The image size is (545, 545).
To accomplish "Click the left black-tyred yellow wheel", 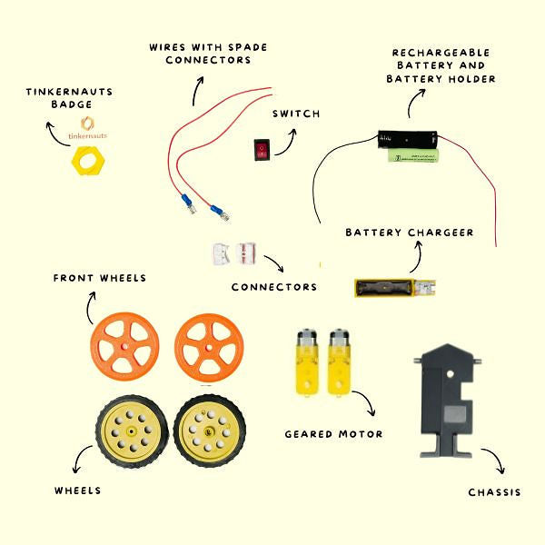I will [131, 431].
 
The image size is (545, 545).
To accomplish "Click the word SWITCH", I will [297, 114].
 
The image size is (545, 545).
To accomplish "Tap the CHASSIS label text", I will [495, 492].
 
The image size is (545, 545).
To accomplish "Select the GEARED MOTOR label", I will [333, 434].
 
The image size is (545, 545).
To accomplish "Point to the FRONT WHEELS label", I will [100, 278].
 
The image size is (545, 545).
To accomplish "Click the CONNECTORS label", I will [274, 287].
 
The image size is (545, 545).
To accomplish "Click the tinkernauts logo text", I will [88, 136].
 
